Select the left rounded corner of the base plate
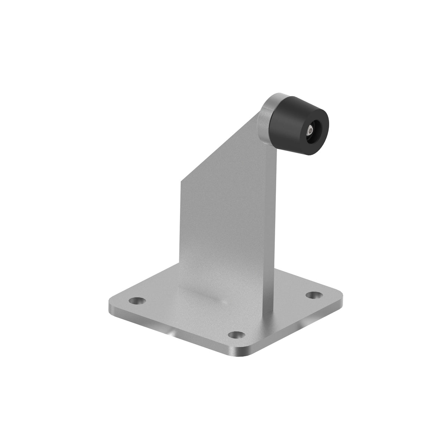tap(112, 303)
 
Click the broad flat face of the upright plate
tap(224, 220)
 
